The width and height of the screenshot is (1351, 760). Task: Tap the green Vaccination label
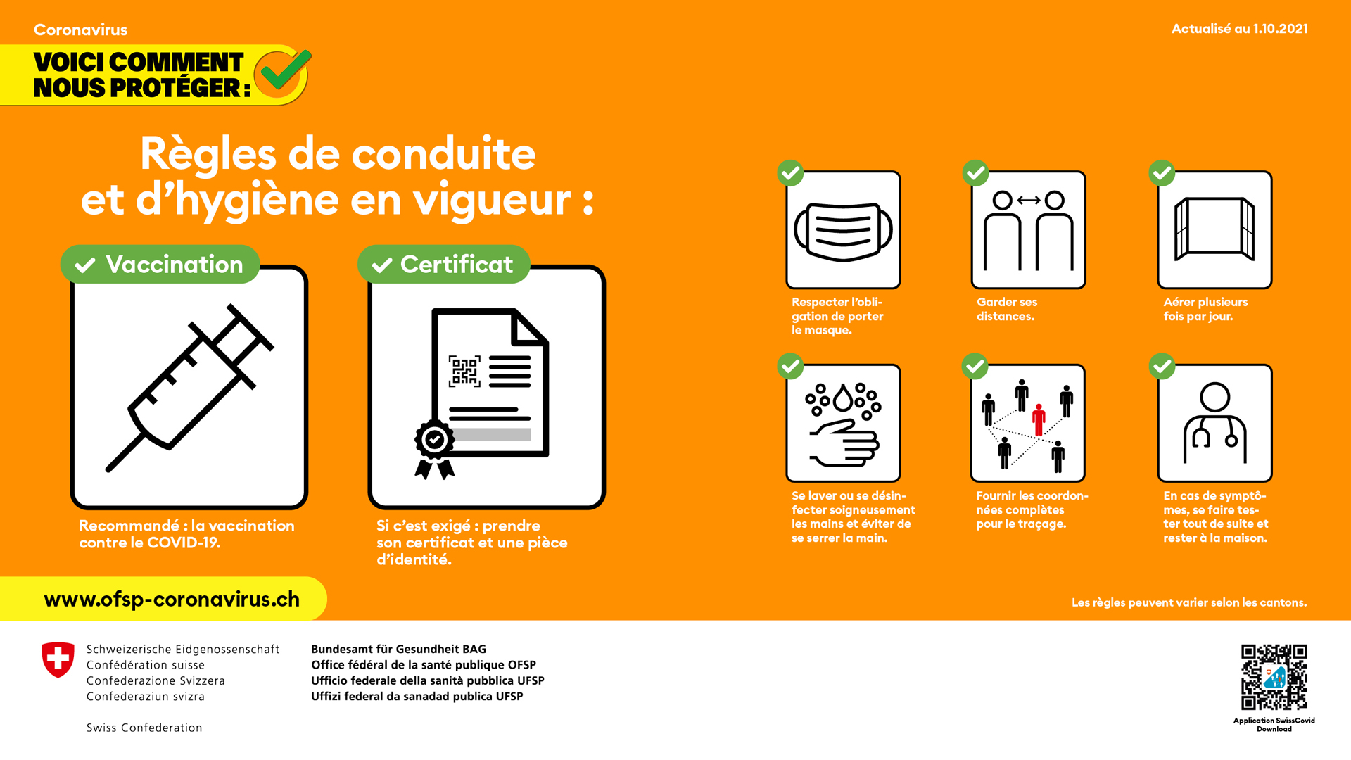coord(160,265)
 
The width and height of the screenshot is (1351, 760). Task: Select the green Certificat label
coord(444,265)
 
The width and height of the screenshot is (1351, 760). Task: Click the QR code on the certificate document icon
coord(464,371)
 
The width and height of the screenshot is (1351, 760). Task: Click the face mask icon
coord(843,231)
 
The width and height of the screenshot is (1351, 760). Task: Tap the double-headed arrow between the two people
coord(1029,200)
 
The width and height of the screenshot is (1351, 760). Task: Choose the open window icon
coord(1214,229)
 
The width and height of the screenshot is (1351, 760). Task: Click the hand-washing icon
coord(843,424)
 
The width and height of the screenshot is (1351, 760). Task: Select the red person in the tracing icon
coord(1039,420)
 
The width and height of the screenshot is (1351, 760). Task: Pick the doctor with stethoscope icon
coord(1214,423)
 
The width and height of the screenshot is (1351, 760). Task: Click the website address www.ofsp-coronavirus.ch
coord(172,599)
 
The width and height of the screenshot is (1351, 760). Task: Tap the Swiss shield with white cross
coord(58,660)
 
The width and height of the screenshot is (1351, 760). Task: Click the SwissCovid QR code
coord(1274,677)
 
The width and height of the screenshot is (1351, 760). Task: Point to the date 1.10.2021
coord(1281,29)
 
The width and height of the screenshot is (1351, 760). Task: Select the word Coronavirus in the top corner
coord(81,30)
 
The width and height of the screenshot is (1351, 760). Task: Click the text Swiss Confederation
coord(144,728)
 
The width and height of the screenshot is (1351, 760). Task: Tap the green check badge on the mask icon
coord(790,172)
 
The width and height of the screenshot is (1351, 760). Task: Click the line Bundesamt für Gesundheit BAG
coord(398,649)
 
